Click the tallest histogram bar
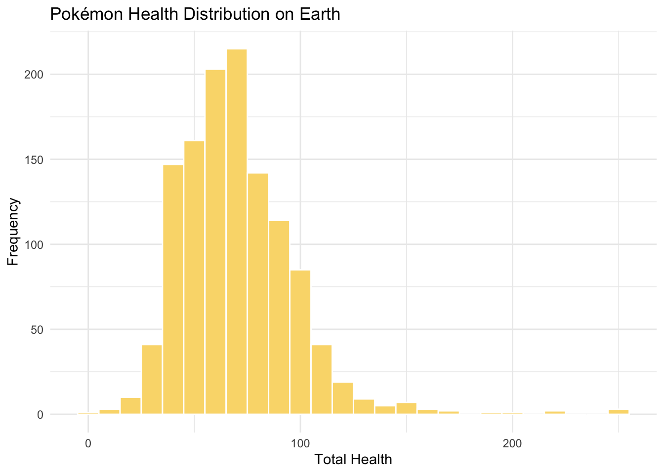click(237, 232)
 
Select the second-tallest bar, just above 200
click(215, 242)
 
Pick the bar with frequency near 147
click(173, 289)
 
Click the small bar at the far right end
click(619, 412)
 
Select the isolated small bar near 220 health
click(555, 413)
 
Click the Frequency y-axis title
click(13, 232)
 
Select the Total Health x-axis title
click(353, 460)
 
